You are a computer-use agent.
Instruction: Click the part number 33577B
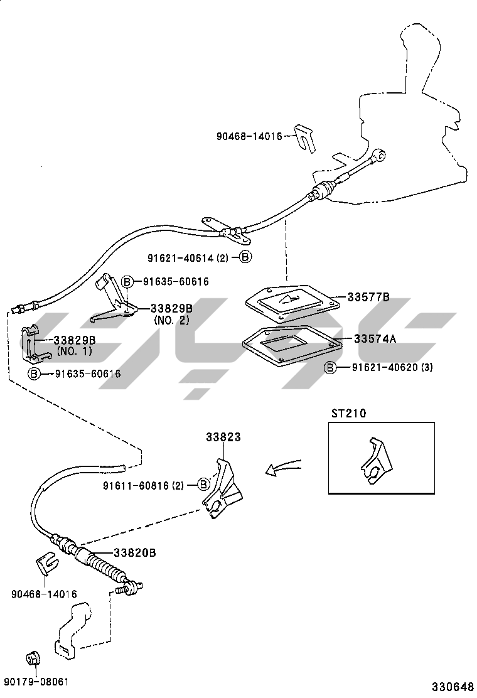pyautogui.click(x=369, y=298)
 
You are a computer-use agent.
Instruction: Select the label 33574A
pyautogui.click(x=375, y=339)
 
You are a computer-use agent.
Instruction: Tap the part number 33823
pyautogui.click(x=223, y=437)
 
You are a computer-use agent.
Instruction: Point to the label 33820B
pyautogui.click(x=134, y=553)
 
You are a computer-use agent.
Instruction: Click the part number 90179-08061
pyautogui.click(x=36, y=682)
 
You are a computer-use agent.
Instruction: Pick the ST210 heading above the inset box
pyautogui.click(x=348, y=414)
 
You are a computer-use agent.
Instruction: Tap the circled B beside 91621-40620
pyautogui.click(x=330, y=367)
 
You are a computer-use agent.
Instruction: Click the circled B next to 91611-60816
pyautogui.click(x=203, y=484)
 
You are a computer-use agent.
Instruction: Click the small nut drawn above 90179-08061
pyautogui.click(x=31, y=659)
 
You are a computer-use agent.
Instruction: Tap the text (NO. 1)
pyautogui.click(x=74, y=351)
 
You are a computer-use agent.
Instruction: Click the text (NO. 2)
pyautogui.click(x=171, y=319)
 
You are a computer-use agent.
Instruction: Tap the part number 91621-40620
pyautogui.click(x=374, y=367)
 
